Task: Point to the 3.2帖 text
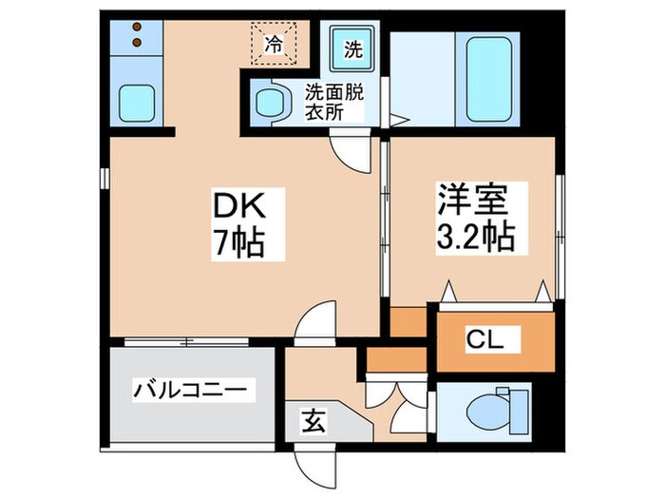click(475, 236)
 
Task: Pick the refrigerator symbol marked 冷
click(273, 42)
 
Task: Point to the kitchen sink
click(136, 100)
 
